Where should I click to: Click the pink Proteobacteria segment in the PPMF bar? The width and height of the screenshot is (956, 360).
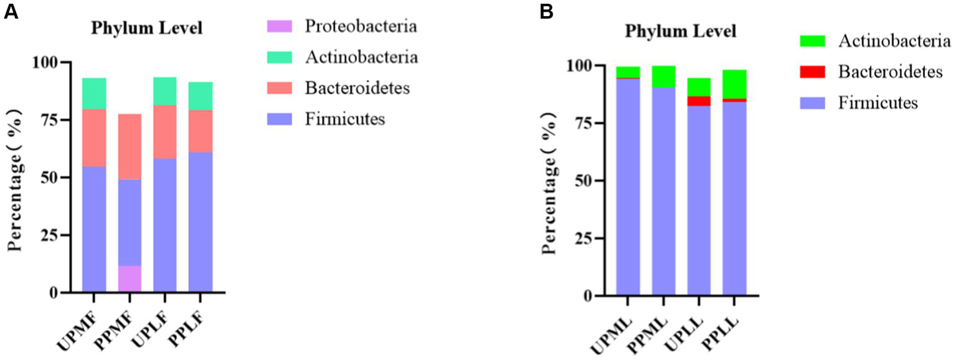pyautogui.click(x=130, y=278)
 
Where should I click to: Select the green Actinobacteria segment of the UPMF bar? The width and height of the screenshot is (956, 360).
pyautogui.click(x=94, y=93)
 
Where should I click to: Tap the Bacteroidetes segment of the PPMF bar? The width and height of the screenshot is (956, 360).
pyautogui.click(x=130, y=146)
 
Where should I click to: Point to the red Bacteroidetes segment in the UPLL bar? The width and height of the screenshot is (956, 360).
pyautogui.click(x=699, y=101)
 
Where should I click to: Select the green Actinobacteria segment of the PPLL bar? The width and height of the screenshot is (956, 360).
pyautogui.click(x=734, y=84)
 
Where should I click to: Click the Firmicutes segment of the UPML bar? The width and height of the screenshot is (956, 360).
pyautogui.click(x=628, y=187)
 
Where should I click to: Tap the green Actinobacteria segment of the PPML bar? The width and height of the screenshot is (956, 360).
pyautogui.click(x=663, y=77)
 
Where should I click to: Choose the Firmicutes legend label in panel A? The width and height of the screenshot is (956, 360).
pyautogui.click(x=345, y=118)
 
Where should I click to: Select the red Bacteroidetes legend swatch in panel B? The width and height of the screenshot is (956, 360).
pyautogui.click(x=812, y=72)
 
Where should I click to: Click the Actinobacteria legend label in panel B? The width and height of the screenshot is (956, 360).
pyautogui.click(x=894, y=41)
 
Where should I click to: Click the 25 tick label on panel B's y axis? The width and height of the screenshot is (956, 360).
pyautogui.click(x=581, y=239)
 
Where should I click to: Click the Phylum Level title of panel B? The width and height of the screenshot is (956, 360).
pyautogui.click(x=681, y=31)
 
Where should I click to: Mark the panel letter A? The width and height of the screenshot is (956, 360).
pyautogui.click(x=11, y=12)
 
